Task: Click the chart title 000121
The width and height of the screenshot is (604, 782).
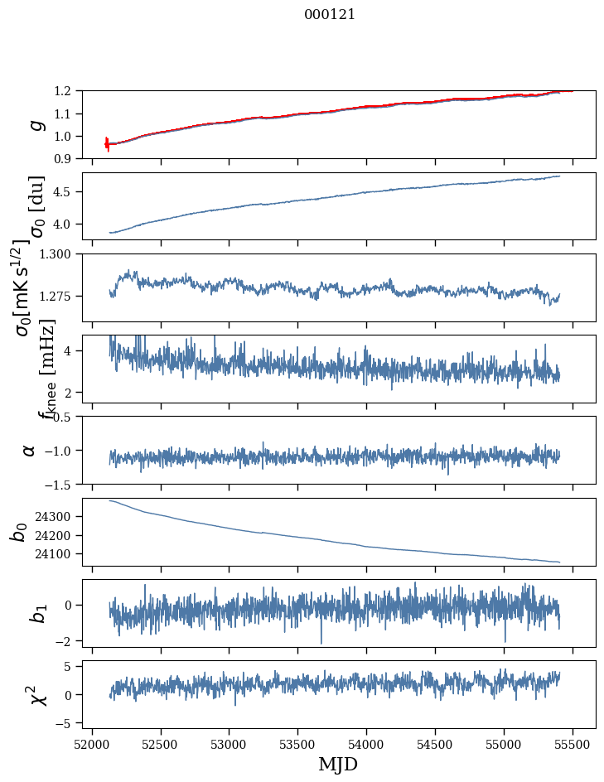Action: (330, 14)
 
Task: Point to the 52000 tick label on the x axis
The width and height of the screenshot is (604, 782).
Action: (92, 743)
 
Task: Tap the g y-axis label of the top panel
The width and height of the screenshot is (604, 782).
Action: (36, 124)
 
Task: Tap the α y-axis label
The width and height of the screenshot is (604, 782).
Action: (29, 450)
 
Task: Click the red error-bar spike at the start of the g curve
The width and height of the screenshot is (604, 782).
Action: (107, 143)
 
